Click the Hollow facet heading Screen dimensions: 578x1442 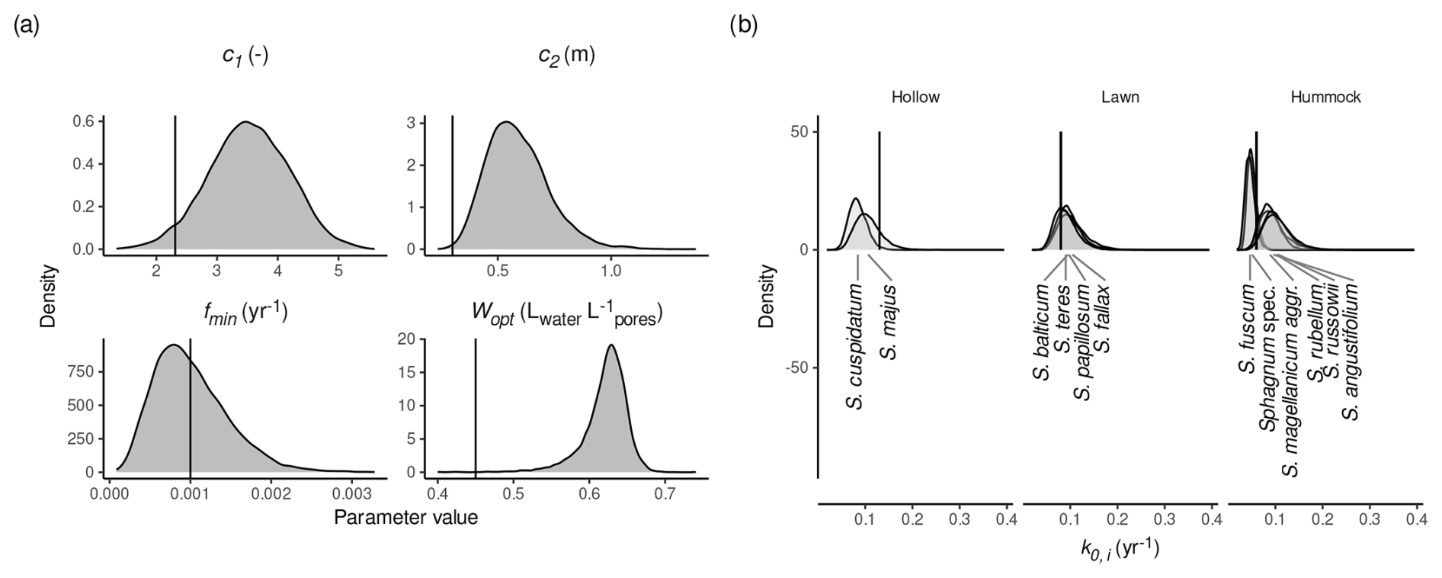(x=915, y=97)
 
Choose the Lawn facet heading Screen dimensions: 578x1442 (x=1120, y=97)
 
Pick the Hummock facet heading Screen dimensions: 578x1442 (x=1325, y=97)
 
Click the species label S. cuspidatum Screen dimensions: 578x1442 (x=857, y=347)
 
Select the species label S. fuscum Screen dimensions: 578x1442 (x=1247, y=329)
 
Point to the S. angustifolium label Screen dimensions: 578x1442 (x=1351, y=352)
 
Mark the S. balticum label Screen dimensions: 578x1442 (x=1042, y=333)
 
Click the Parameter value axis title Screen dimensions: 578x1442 (x=405, y=518)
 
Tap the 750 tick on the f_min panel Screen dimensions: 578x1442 (x=83, y=371)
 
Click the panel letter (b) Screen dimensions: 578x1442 (x=744, y=26)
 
